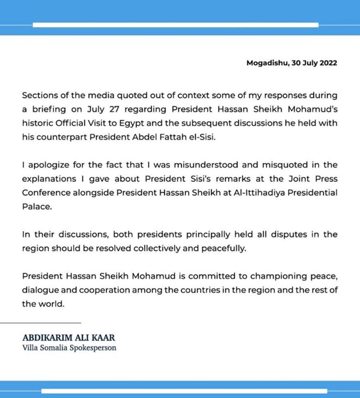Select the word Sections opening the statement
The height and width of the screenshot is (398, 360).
[x=40, y=94]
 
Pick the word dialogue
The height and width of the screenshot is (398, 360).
[x=41, y=290]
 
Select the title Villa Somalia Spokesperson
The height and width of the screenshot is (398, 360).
[x=69, y=348]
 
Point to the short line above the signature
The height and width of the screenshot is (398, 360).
[x=51, y=323]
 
